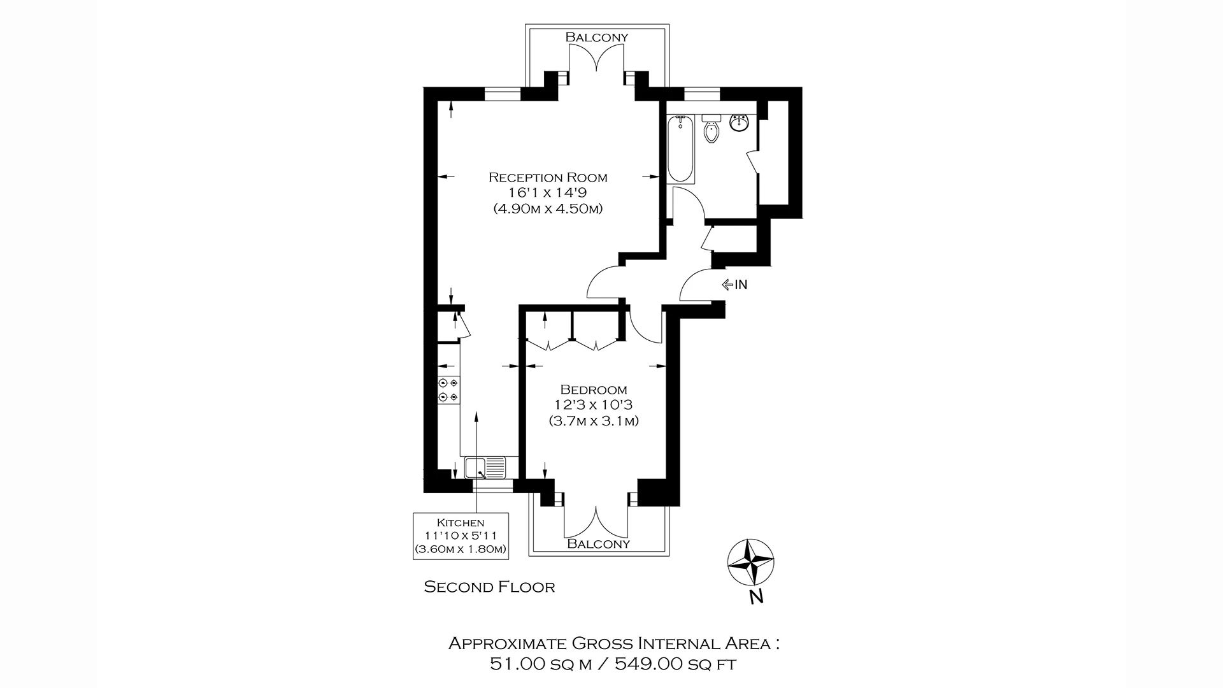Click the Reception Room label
click(x=548, y=177)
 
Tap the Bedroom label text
click(x=593, y=389)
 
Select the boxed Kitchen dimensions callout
click(x=461, y=536)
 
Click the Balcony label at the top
click(x=597, y=37)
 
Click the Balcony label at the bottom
click(x=598, y=543)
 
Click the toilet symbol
click(x=711, y=131)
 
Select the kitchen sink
click(x=485, y=468)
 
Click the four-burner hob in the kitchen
click(x=448, y=390)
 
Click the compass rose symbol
click(x=751, y=562)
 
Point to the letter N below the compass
click(x=756, y=598)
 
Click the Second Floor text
click(x=489, y=587)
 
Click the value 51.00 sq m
click(x=540, y=664)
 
